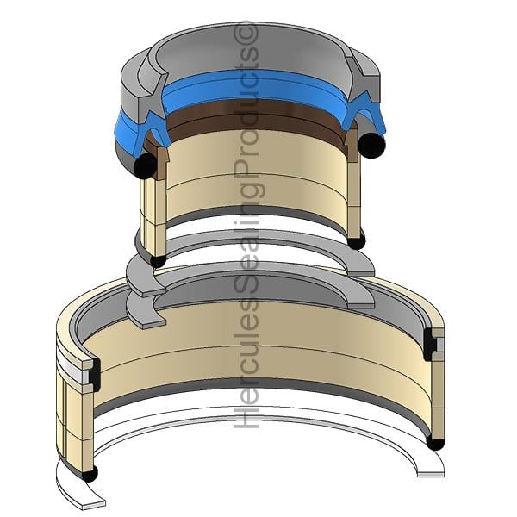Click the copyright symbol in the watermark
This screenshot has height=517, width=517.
(x=246, y=34)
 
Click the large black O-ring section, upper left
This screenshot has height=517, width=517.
(x=145, y=165)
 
